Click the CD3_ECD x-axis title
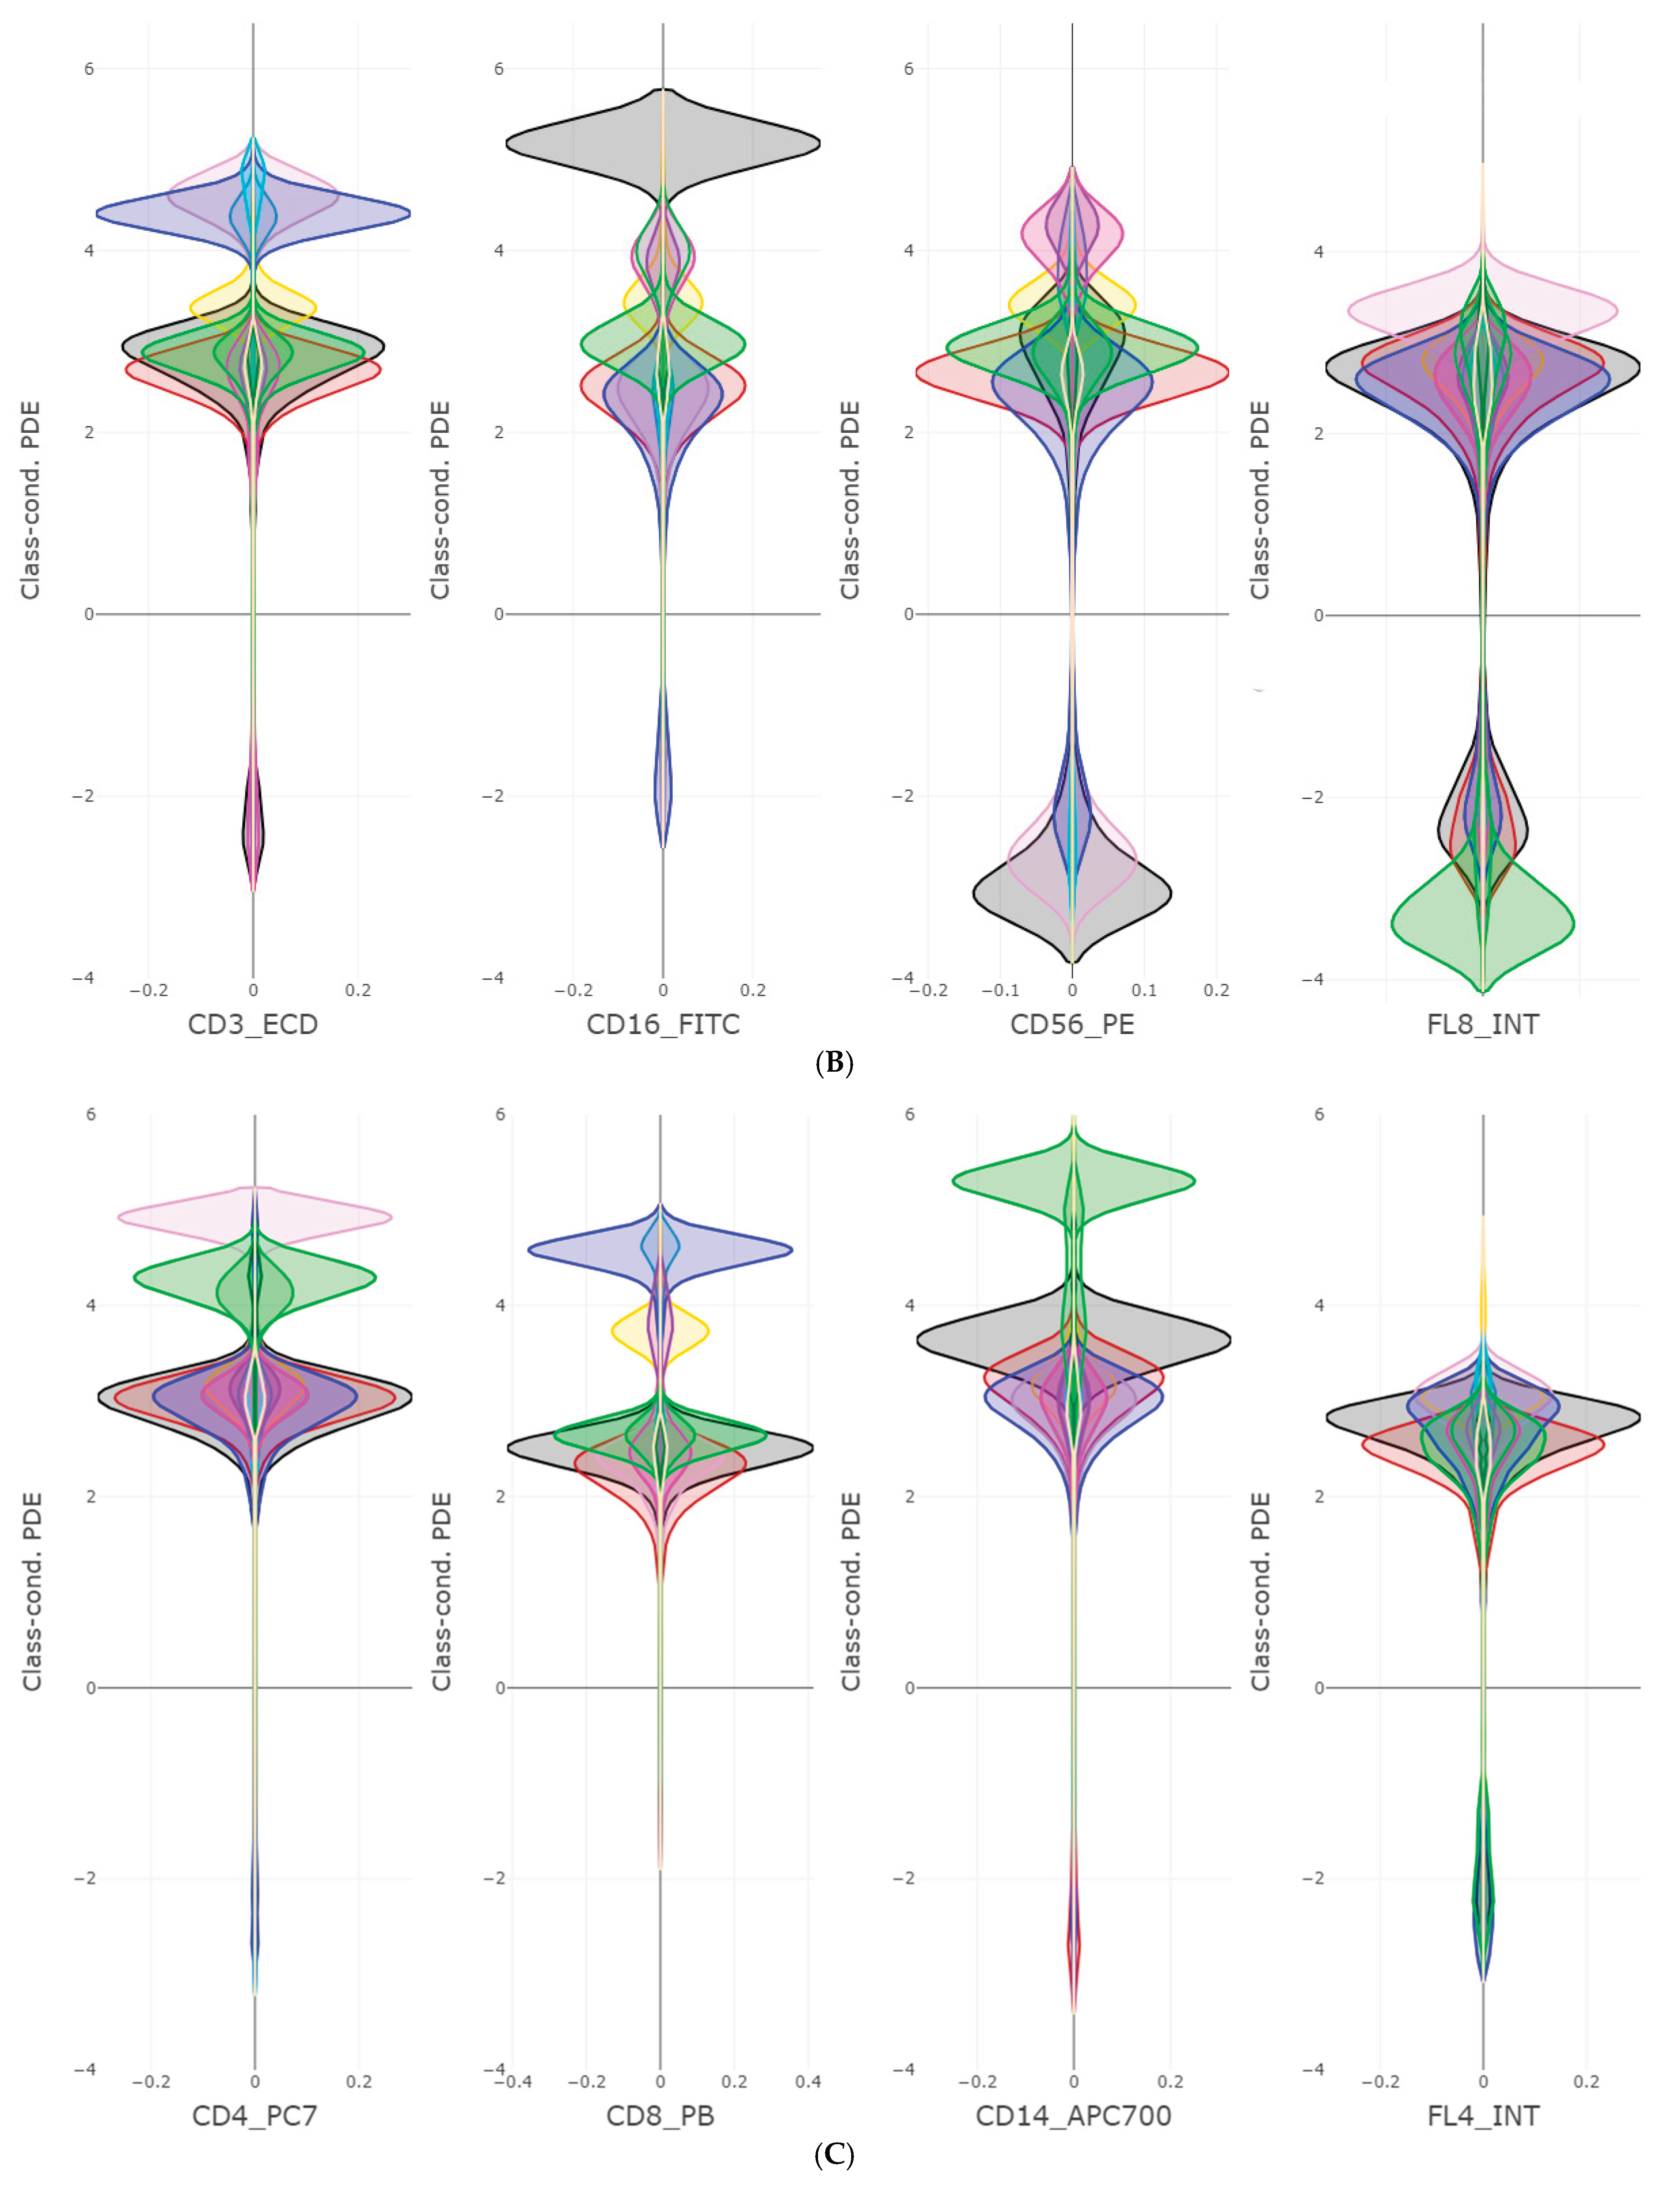pyautogui.click(x=253, y=1024)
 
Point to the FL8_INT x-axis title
pyautogui.click(x=1483, y=1024)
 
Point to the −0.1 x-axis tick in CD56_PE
pyautogui.click(x=1000, y=990)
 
